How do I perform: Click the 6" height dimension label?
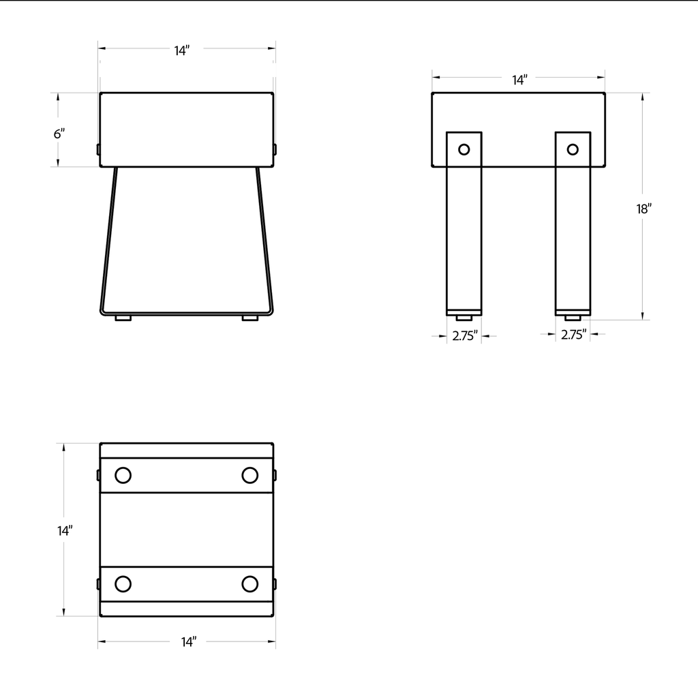(x=59, y=134)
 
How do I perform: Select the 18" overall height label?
(x=644, y=209)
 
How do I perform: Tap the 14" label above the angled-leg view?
(x=181, y=50)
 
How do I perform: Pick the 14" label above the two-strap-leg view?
(x=519, y=80)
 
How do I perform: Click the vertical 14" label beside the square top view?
(x=65, y=531)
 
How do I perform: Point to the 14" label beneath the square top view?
(x=189, y=641)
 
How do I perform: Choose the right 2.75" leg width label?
(x=574, y=335)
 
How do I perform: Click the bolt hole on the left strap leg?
(x=464, y=149)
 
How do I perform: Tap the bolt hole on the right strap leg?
(x=573, y=149)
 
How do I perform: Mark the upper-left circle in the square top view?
(x=123, y=475)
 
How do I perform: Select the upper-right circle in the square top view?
(x=250, y=475)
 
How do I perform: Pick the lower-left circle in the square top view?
(x=123, y=583)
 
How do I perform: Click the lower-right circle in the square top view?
(x=250, y=583)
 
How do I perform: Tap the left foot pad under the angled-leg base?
(x=123, y=318)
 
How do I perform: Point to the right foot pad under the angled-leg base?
(x=250, y=318)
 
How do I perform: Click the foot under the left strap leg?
(x=464, y=318)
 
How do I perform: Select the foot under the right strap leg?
(x=573, y=318)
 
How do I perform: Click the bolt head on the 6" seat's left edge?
(x=98, y=149)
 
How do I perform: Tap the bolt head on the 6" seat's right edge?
(x=275, y=149)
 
